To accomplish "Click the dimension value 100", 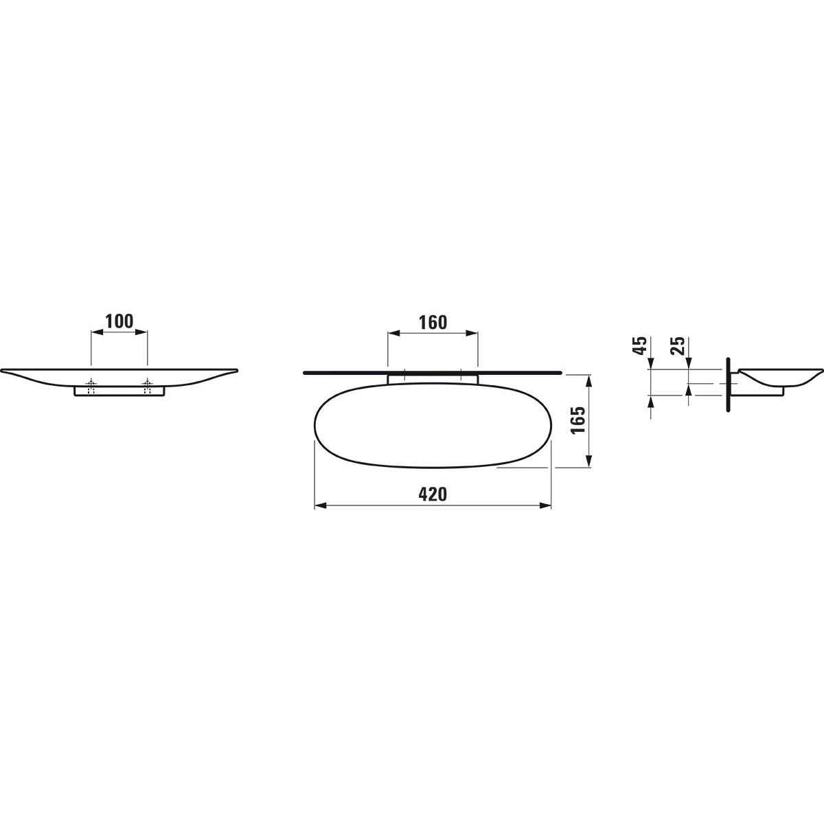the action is click(119, 321).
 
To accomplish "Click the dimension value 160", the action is click(433, 323).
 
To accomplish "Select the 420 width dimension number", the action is click(433, 494).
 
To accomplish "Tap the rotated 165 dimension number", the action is click(578, 420).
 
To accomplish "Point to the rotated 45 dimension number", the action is click(640, 345).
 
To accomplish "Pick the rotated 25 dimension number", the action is click(678, 345).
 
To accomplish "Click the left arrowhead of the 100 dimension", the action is click(97, 332).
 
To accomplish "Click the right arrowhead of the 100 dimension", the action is click(142, 332).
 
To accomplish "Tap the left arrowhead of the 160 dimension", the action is click(393, 334).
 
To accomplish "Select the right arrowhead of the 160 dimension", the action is click(472, 334).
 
